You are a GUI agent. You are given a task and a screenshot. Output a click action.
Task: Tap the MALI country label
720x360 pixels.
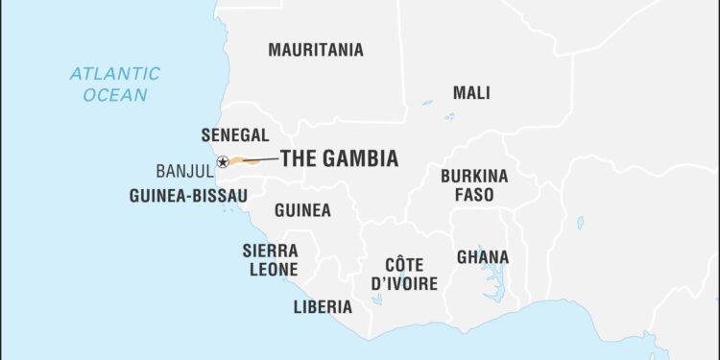[471, 93]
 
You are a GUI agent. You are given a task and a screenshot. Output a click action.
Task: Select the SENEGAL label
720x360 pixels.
[234, 135]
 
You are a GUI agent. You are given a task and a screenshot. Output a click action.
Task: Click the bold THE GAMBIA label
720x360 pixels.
[339, 159]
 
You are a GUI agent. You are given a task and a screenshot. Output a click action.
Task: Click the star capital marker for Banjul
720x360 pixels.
[223, 162]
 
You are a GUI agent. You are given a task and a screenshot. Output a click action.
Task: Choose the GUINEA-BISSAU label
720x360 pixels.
[188, 196]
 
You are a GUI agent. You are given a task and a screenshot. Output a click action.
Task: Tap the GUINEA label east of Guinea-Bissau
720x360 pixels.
[302, 210]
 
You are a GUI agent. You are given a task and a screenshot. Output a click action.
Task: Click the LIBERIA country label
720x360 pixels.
[323, 307]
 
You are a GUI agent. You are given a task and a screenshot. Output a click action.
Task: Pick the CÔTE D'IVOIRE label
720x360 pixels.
[404, 274]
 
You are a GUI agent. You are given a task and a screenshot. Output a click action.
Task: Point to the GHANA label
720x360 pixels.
[483, 257]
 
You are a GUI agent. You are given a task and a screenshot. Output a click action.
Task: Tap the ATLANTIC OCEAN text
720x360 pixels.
[115, 84]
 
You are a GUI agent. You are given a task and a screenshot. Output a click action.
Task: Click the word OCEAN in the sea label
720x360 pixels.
[115, 95]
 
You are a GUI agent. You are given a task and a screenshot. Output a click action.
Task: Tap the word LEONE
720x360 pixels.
[275, 270]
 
